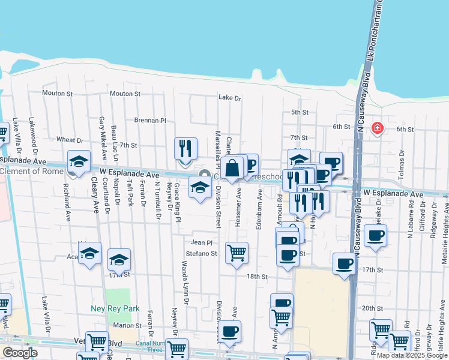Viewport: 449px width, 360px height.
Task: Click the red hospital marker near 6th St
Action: tap(377, 128)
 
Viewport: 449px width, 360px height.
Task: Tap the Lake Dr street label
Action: tap(229, 97)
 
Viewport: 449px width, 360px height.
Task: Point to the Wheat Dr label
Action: tap(65, 140)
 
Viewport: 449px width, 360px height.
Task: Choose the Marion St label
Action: tap(127, 325)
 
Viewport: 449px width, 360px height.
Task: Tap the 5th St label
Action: tap(299, 112)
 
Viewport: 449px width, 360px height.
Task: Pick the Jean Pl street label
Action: tap(202, 243)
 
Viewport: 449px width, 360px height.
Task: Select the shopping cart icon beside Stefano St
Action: tap(237, 252)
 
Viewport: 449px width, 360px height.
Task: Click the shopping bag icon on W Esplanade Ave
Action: tap(232, 167)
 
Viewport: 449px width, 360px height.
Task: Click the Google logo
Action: tap(20, 352)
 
